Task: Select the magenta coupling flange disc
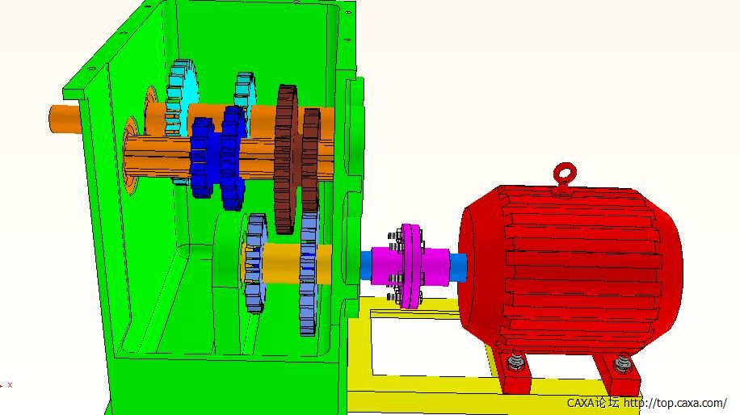[x=410, y=266]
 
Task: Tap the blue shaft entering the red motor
[x=458, y=266]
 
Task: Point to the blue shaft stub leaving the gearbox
[x=366, y=266]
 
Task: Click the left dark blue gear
[x=202, y=157]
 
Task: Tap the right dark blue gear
[x=233, y=157]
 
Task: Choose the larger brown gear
[x=286, y=158]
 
